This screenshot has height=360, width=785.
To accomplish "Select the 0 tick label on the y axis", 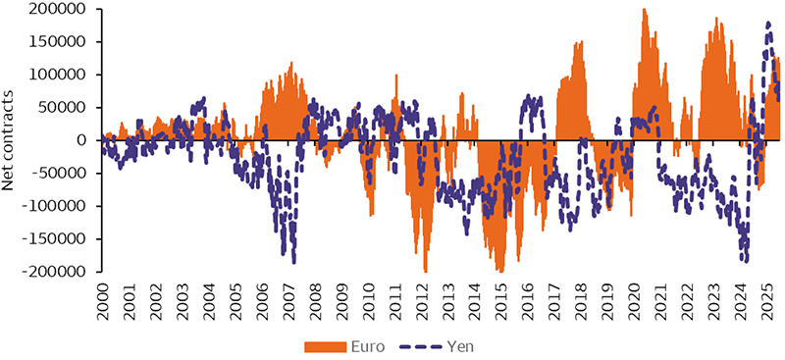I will click(x=83, y=139).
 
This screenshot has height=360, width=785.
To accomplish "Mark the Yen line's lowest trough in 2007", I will click(x=293, y=261).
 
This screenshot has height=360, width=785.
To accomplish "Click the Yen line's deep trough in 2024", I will click(x=746, y=261).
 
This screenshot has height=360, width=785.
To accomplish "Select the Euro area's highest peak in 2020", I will click(x=644, y=10).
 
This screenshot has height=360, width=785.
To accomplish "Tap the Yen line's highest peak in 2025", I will click(x=768, y=23).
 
